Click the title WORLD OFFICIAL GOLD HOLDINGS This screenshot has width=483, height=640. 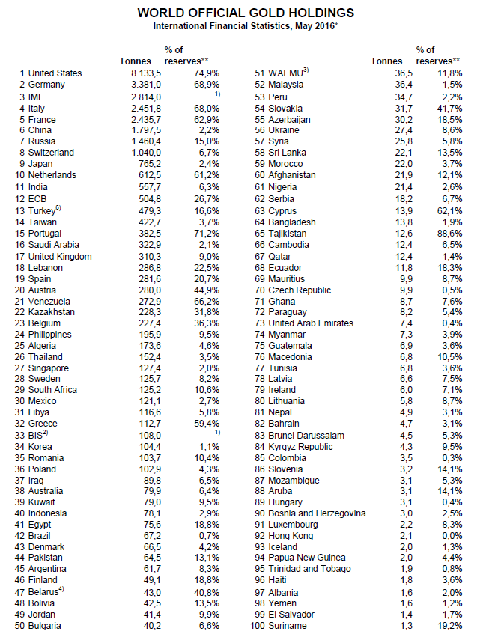point(246,13)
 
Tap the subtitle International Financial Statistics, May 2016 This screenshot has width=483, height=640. point(245,26)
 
